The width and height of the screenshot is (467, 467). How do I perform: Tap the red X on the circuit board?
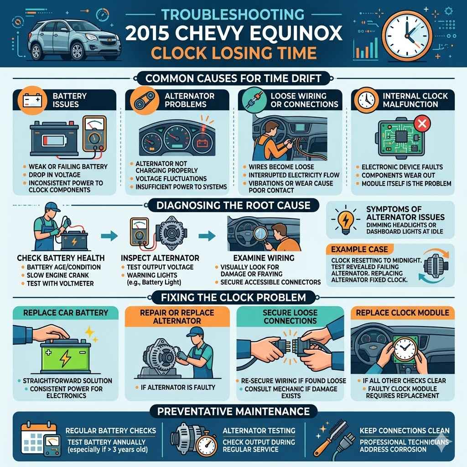click(x=421, y=124)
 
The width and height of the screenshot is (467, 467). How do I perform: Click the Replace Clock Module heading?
click(x=400, y=313)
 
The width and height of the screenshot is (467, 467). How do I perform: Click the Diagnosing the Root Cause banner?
click(x=233, y=205)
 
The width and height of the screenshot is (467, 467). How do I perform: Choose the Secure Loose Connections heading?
click(x=290, y=317)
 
